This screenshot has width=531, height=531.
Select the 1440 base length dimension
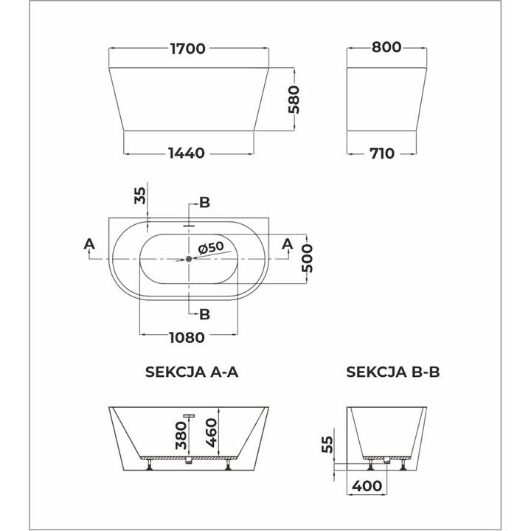click(186, 153)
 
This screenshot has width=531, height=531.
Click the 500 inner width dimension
click(310, 258)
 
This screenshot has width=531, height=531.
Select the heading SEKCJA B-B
click(393, 372)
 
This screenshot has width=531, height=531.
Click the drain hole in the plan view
click(189, 258)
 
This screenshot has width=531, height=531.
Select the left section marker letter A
click(89, 243)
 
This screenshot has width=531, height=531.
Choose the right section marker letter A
click(288, 243)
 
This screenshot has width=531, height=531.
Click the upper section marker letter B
click(205, 203)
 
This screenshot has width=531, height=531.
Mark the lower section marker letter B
click(205, 314)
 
